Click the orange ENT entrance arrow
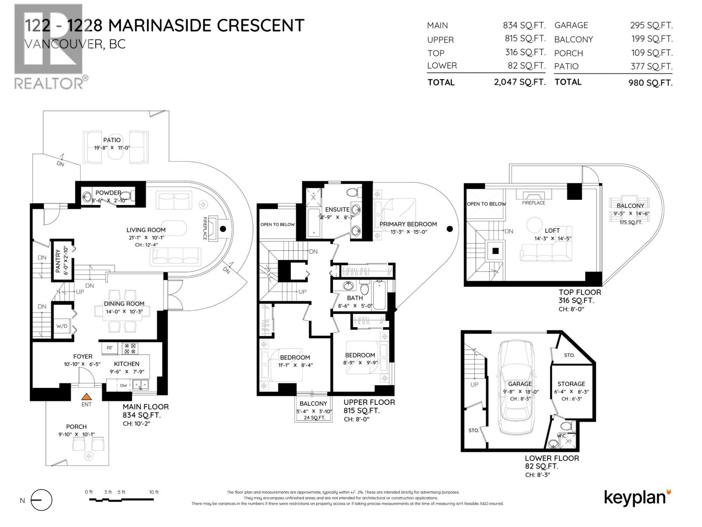pos(87,396)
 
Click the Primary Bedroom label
pos(408,224)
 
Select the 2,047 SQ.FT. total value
pos(520,82)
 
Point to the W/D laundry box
pos(61,326)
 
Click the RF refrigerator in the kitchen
pos(110,348)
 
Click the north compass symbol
pos(41,500)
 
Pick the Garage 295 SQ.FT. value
pos(651,25)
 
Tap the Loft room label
pos(552,231)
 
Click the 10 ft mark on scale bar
pos(154,492)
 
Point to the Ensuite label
pos(337,209)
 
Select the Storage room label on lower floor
pos(571,384)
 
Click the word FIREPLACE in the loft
pos(534,203)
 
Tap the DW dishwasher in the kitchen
pos(124,386)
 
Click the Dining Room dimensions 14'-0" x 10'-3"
pos(124,311)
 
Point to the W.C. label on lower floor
pos(561,436)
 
